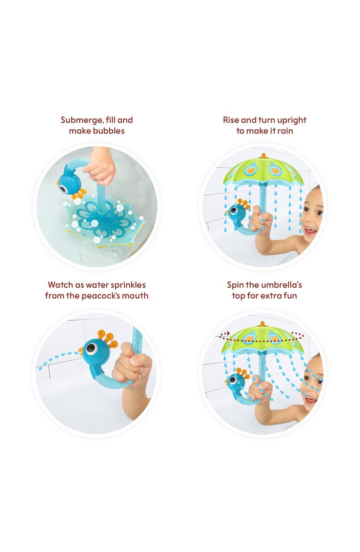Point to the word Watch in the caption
click(60, 285)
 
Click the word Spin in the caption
click(235, 285)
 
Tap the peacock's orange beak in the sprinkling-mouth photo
click(81, 351)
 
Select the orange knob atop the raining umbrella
click(263, 156)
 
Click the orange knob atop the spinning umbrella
click(263, 324)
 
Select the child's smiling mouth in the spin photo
click(311, 398)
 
